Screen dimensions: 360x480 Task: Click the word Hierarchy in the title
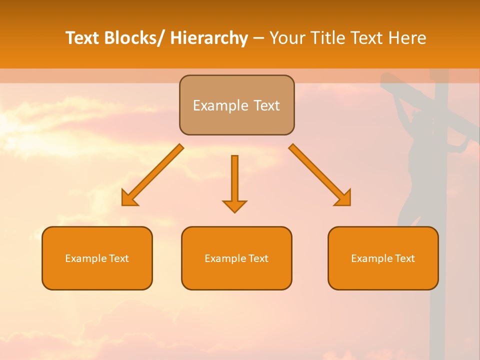pyautogui.click(x=209, y=38)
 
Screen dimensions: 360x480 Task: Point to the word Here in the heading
pyautogui.click(x=407, y=38)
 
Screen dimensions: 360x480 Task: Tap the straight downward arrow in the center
pyautogui.click(x=234, y=180)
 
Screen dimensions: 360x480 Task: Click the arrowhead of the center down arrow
pyautogui.click(x=234, y=206)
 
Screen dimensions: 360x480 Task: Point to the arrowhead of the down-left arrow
pyautogui.click(x=128, y=199)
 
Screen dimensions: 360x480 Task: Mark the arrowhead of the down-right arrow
pyautogui.click(x=344, y=199)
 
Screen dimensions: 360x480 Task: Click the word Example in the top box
pyautogui.click(x=214, y=106)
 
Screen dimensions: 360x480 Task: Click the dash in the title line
pyautogui.click(x=258, y=38)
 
